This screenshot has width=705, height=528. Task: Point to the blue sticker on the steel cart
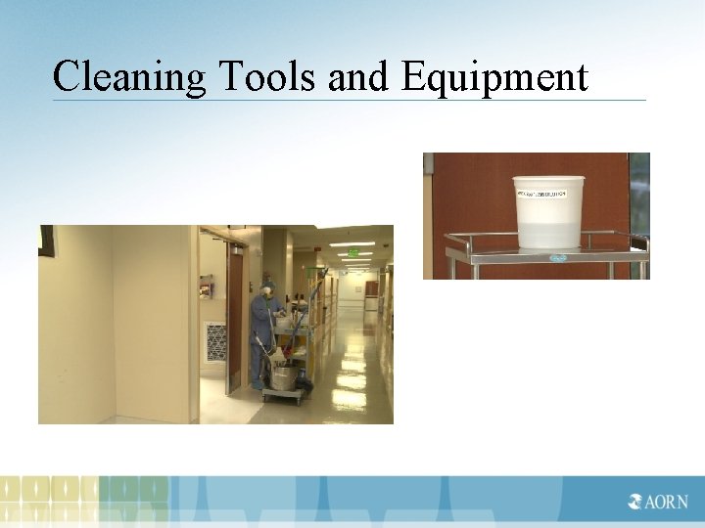point(557,258)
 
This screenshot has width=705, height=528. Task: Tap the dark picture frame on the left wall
point(46,240)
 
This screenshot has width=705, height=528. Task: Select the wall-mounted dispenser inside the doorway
point(206,286)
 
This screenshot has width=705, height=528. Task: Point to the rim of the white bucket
point(548,179)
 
